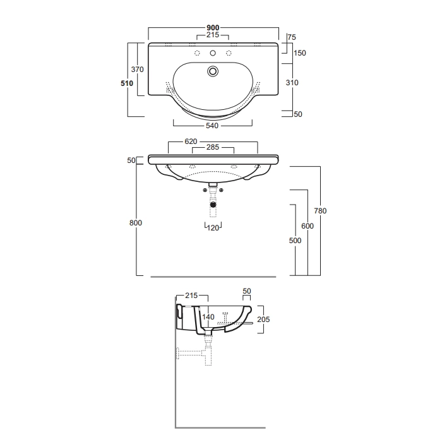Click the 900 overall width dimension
213,28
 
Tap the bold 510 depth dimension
127,83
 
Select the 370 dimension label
138,69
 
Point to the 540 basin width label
212,126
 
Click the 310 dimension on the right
292,83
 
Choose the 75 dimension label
292,37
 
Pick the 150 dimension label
300,53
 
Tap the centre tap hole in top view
213,53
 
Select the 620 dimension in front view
191,141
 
